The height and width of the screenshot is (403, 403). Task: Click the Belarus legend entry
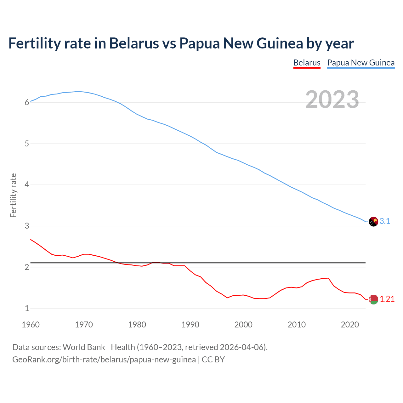307,63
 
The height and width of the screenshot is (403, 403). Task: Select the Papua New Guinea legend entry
361,63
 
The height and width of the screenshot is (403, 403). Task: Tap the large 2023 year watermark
332,99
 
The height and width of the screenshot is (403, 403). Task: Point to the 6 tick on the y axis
27,102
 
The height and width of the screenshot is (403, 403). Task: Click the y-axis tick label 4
27,185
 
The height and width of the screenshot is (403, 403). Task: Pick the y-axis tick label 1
27,309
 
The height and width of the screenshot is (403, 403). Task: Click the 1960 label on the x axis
31,325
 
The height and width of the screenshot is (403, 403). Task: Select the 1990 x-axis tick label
190,325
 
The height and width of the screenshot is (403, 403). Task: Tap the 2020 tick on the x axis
350,325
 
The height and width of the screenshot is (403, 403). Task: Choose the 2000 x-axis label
243,325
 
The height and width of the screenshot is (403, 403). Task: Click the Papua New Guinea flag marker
373,222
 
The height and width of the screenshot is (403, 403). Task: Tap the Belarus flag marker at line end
373,299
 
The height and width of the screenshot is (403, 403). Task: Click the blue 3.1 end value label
385,221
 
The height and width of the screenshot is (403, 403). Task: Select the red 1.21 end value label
387,299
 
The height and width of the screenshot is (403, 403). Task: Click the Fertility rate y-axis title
13,195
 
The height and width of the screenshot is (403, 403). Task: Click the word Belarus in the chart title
134,43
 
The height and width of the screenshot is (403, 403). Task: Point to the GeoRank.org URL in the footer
104,360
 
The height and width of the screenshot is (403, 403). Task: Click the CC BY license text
213,360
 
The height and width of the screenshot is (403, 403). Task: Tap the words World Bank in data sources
84,347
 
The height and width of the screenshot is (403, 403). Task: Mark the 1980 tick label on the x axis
137,325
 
